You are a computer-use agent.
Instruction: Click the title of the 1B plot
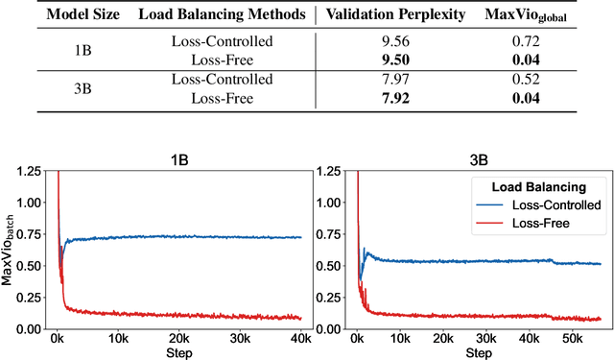(x=178, y=160)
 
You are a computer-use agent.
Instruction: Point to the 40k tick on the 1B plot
(x=299, y=339)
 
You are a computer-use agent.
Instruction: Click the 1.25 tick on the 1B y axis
(x=29, y=171)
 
